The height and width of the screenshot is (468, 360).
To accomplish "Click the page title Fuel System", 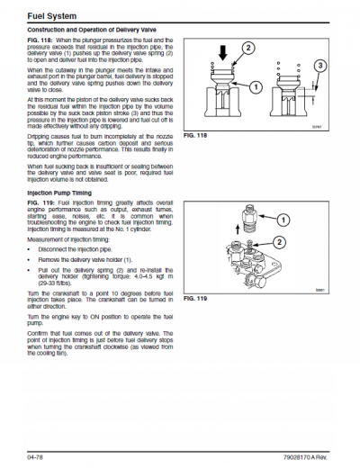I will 42,15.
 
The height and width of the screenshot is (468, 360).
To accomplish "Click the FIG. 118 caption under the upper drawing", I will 195,135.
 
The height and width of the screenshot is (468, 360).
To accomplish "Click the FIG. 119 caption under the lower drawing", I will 195,297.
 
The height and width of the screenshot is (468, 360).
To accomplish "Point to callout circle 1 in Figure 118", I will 256,87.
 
